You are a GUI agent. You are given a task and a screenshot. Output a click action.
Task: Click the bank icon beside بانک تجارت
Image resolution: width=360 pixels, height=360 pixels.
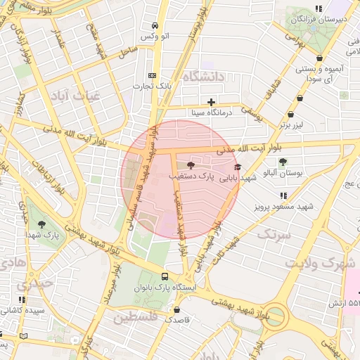click(152, 75)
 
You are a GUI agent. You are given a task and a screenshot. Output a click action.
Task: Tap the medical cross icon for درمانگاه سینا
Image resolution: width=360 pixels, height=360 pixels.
click(211, 102)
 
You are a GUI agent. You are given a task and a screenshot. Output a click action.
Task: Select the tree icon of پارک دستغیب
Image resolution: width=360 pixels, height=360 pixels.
click(191, 165)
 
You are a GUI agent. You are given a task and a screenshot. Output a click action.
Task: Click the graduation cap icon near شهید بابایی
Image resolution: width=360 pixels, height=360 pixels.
click(237, 167)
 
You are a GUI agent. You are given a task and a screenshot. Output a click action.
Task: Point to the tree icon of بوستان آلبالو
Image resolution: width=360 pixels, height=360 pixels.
click(283, 162)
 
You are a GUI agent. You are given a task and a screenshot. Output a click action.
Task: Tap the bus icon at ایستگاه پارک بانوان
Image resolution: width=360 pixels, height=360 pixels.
click(165, 277)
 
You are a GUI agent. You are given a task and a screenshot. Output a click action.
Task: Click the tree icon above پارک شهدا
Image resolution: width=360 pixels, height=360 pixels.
click(41, 225)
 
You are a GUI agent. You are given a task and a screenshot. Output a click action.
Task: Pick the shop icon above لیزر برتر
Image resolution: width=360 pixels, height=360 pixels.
click(291, 115)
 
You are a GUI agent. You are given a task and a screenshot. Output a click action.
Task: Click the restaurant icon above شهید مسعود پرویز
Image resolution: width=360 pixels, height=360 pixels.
click(283, 195)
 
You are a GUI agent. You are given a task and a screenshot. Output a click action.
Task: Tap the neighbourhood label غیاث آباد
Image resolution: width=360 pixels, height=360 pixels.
click(77, 96)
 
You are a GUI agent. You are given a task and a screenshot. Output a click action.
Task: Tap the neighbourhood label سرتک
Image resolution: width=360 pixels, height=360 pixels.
click(274, 234)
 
